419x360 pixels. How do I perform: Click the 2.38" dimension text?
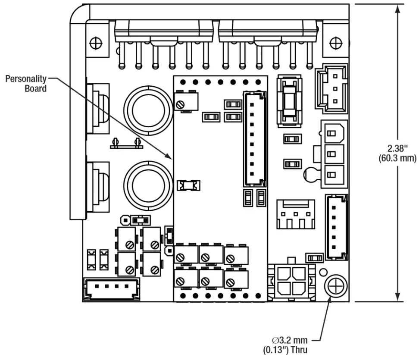[395, 149]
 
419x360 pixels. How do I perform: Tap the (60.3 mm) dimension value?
[395, 157]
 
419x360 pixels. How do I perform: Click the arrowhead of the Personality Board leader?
[172, 157]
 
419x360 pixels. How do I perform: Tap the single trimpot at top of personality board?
[186, 103]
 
